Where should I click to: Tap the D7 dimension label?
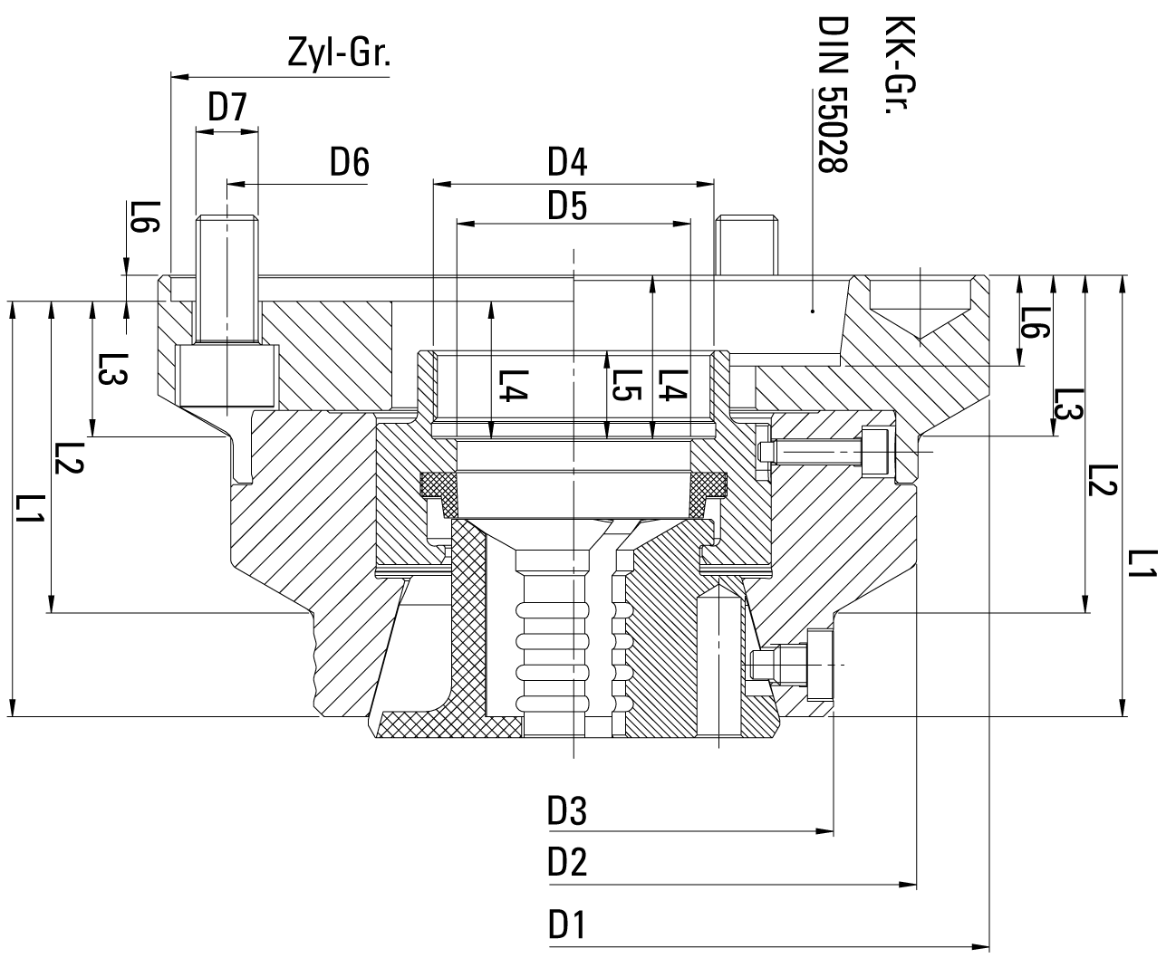(227, 109)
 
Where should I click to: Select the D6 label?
(349, 163)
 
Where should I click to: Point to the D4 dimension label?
(568, 163)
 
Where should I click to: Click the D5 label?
(568, 208)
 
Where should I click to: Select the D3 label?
(568, 812)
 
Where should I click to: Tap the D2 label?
(568, 863)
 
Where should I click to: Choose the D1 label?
(568, 926)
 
